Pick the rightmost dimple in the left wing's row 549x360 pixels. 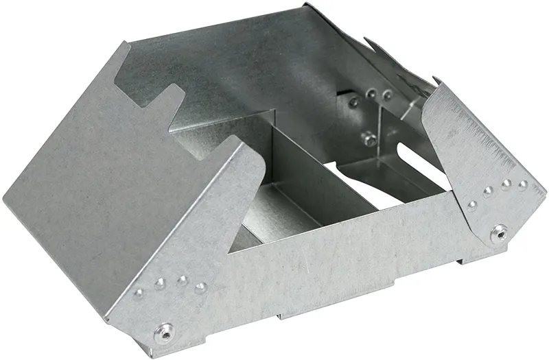pos(200,287)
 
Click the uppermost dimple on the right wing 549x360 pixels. pos(522,184)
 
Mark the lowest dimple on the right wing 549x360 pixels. pos(472,205)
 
